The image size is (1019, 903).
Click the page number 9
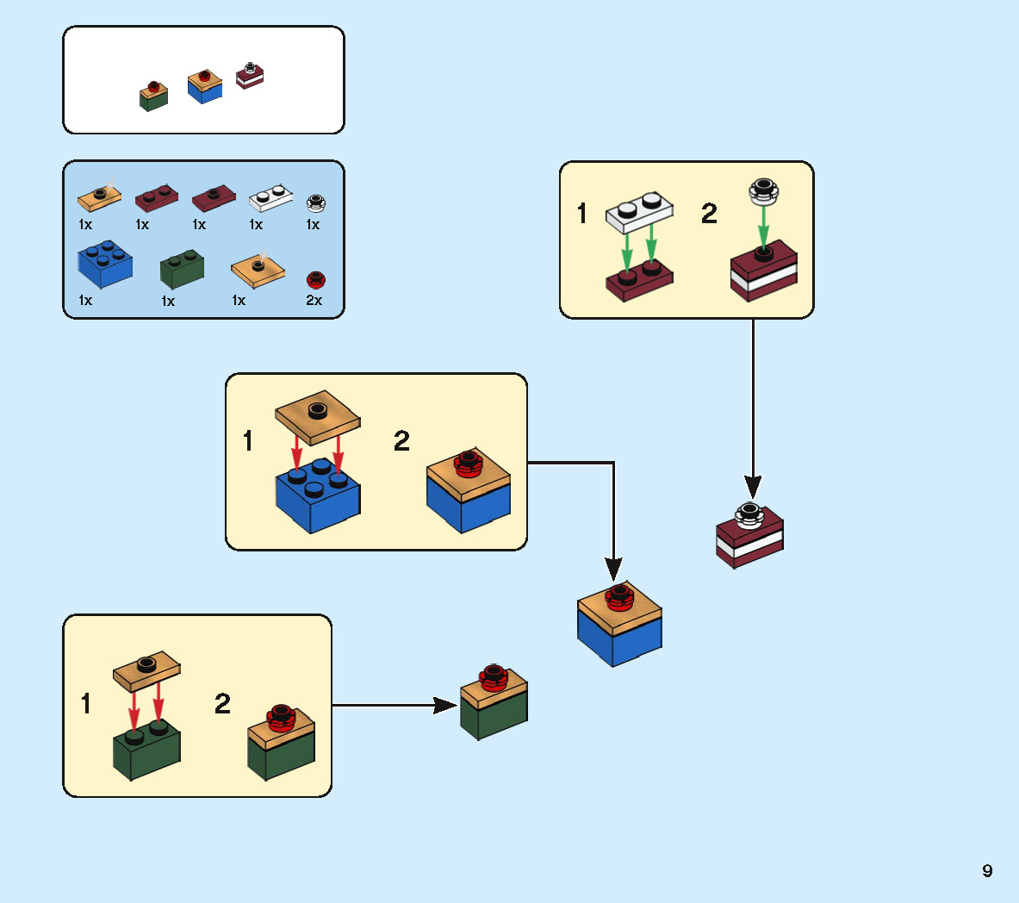coord(987,870)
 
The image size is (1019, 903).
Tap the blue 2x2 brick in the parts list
coord(105,265)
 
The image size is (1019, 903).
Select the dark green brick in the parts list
coord(182,270)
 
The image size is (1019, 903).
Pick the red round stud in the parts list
coord(315,280)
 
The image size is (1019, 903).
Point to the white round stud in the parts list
coord(316,203)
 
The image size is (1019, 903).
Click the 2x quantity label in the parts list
coord(314,301)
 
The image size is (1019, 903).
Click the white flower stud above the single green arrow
coord(763,190)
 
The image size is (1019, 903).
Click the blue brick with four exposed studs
coord(317,495)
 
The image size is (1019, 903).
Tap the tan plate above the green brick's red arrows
coord(146,669)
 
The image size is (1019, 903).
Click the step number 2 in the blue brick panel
coord(401,441)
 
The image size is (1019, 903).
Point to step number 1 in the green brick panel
coord(86,703)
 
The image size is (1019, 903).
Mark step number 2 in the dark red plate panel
coord(709,213)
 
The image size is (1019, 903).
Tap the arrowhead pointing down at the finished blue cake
coord(613,569)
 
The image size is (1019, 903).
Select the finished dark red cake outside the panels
coord(749,536)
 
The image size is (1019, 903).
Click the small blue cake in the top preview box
coord(205,87)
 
